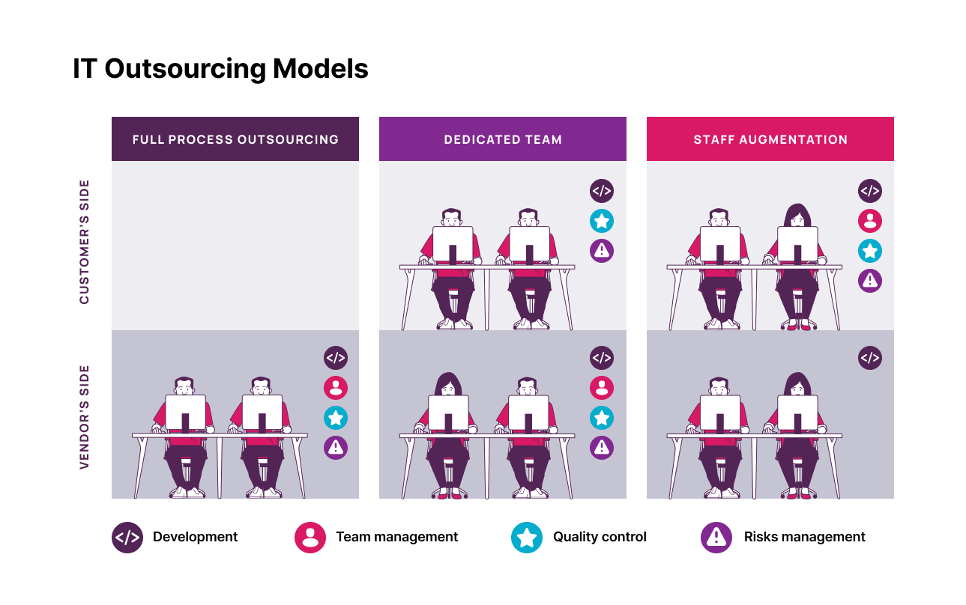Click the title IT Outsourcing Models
coord(220,69)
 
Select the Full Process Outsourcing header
coord(235,139)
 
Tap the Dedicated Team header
coord(503,139)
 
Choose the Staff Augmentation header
coord(770,139)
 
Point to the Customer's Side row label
coord(84,242)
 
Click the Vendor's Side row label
coord(84,416)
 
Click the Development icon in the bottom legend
coord(127,538)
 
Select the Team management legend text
coord(396,537)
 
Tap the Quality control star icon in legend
coord(527,538)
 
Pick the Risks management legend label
coord(804,537)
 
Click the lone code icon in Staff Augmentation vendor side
coord(869,358)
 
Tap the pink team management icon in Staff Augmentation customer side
coord(869,221)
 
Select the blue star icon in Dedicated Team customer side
coord(602,221)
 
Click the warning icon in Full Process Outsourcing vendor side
coord(336,448)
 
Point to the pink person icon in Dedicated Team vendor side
coord(602,387)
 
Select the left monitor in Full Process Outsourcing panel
coord(185,413)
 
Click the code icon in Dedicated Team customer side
coord(602,191)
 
